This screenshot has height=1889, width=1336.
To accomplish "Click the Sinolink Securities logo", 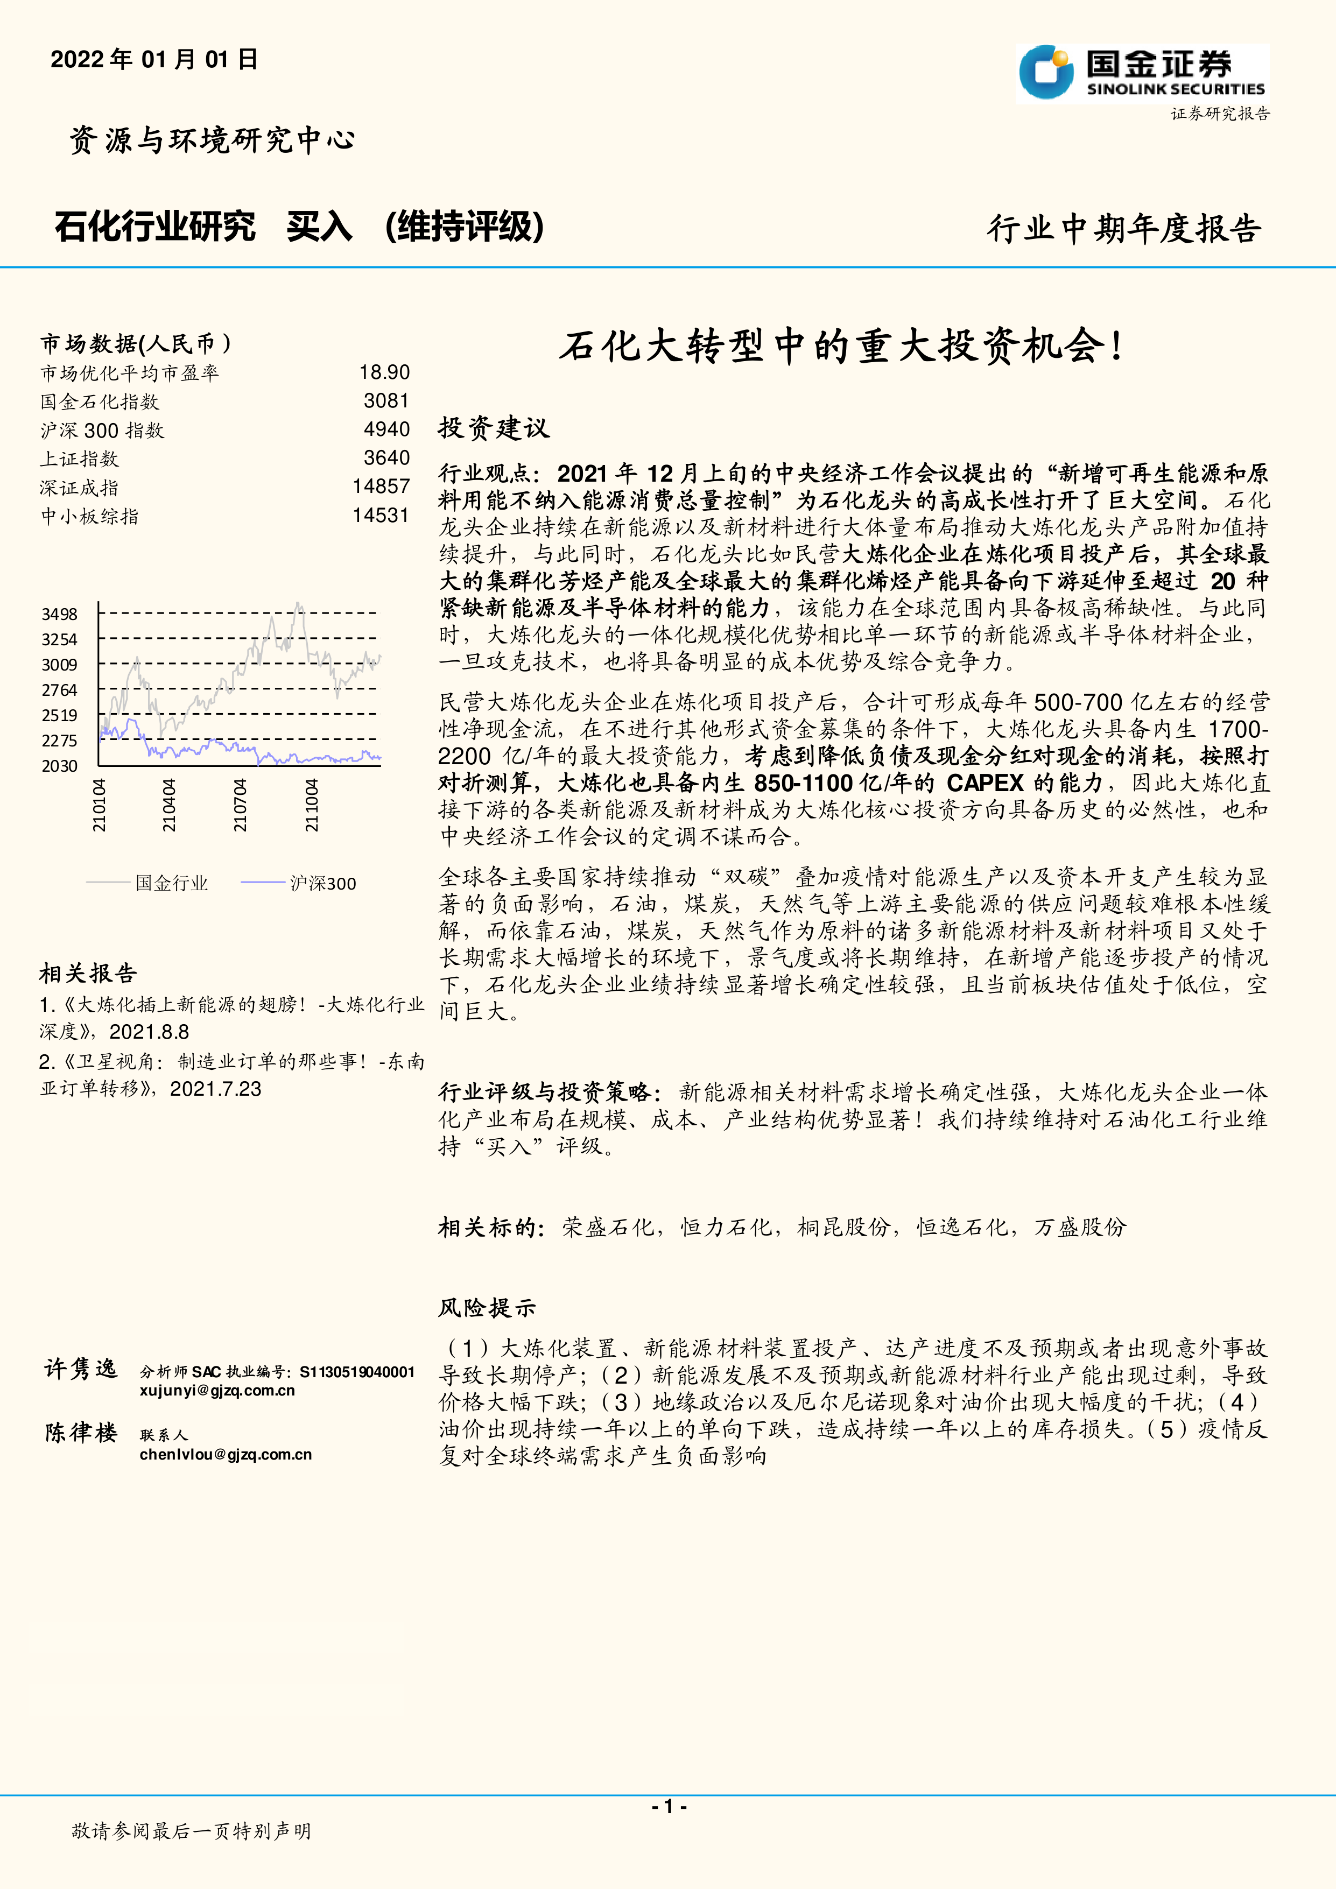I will click(x=1142, y=73).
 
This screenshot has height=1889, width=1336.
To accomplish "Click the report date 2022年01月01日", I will click(x=154, y=59).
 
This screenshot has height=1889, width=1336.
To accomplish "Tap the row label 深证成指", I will click(x=79, y=487).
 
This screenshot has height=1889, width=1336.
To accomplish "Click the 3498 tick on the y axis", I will click(x=59, y=614).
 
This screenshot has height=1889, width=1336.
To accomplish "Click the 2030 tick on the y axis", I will click(x=59, y=766).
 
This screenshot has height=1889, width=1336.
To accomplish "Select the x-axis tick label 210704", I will click(x=240, y=806).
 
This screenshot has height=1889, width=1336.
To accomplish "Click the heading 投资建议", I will click(x=493, y=428).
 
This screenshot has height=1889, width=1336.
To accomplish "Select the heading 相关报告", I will click(x=88, y=974).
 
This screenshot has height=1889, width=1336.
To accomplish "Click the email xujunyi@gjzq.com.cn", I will click(x=217, y=1391).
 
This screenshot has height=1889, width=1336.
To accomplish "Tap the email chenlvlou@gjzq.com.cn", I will click(x=226, y=1455).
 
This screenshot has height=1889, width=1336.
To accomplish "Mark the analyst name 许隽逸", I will click(x=81, y=1370).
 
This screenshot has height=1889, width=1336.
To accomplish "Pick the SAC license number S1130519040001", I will click(x=357, y=1371).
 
